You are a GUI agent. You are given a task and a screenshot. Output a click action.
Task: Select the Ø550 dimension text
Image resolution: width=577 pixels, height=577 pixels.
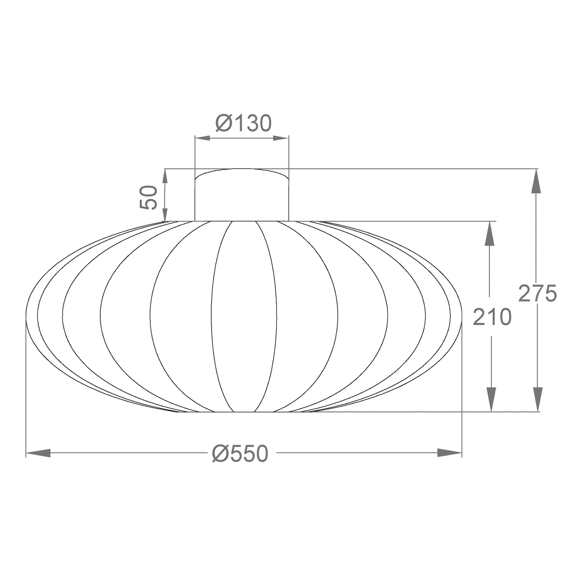pyautogui.click(x=240, y=454)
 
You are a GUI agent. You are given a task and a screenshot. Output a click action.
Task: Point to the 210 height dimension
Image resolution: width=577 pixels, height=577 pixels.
pyautogui.click(x=492, y=317)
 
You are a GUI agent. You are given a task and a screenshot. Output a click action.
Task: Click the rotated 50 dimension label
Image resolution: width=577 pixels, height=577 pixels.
pyautogui.click(x=149, y=197)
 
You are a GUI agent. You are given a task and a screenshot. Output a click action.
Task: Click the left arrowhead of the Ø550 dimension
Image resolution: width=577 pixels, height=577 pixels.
pyautogui.click(x=38, y=453)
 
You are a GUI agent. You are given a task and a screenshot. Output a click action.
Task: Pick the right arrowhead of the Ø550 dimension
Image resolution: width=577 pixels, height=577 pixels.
pyautogui.click(x=450, y=453)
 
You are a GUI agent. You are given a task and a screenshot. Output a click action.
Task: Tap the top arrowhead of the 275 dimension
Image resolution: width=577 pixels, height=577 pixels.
pyautogui.click(x=537, y=181)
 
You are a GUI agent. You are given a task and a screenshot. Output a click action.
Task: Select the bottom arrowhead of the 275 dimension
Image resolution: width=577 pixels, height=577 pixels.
pyautogui.click(x=537, y=399)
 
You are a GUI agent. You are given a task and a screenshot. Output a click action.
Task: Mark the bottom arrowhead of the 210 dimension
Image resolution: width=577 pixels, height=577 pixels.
pyautogui.click(x=491, y=399)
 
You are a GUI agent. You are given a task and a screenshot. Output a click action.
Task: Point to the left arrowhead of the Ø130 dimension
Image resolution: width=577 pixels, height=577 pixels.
pyautogui.click(x=202, y=138)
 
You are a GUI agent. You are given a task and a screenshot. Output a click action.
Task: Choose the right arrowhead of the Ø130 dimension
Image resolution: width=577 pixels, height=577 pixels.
pyautogui.click(x=281, y=138)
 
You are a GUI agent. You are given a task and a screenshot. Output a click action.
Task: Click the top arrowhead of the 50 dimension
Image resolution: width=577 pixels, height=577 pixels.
pyautogui.click(x=165, y=178)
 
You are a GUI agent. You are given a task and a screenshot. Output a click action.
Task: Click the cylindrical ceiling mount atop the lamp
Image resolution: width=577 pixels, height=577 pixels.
pyautogui.click(x=242, y=196)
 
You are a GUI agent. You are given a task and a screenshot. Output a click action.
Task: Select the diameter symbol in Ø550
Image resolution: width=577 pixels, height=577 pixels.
pyautogui.click(x=220, y=454)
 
